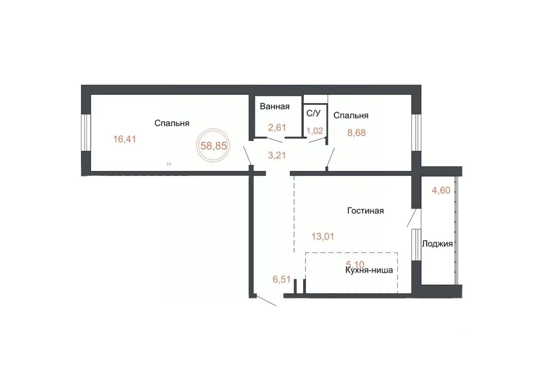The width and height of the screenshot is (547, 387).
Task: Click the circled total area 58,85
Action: click(214, 146)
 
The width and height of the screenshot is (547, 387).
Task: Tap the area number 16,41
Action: click(124, 139)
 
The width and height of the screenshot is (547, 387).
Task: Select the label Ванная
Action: click(275, 106)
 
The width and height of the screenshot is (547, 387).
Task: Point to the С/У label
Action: click(313, 113)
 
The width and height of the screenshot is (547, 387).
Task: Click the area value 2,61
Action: click(277, 127)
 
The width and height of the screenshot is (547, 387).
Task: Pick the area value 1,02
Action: click(315, 131)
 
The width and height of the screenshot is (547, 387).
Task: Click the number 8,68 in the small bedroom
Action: click(356, 133)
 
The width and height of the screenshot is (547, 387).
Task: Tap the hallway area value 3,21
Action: click(277, 155)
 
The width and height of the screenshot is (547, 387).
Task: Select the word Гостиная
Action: click(365, 211)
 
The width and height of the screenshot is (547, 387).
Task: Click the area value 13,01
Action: click(323, 236)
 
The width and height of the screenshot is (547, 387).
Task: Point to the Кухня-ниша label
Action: click(369, 270)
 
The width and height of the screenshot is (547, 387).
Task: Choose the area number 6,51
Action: click(282, 279)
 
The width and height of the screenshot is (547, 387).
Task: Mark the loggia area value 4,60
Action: click(441, 191)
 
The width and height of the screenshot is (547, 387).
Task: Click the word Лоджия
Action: click(437, 243)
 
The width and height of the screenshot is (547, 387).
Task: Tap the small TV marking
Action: click(169, 164)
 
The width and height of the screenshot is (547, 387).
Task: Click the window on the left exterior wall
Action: click(86, 133)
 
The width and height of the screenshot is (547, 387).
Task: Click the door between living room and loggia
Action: click(412, 218)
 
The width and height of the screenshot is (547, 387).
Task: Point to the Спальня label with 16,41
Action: click(172, 123)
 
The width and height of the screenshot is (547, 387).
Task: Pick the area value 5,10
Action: click(355, 264)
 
